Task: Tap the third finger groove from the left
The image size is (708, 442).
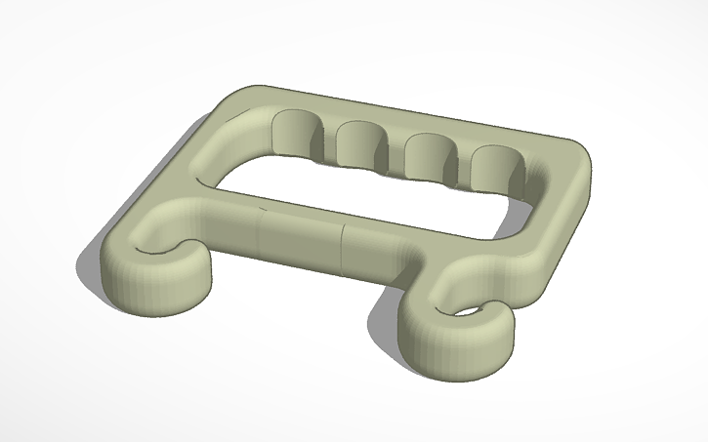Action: coord(424,153)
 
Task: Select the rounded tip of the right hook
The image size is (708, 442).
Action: coord(488,342)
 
